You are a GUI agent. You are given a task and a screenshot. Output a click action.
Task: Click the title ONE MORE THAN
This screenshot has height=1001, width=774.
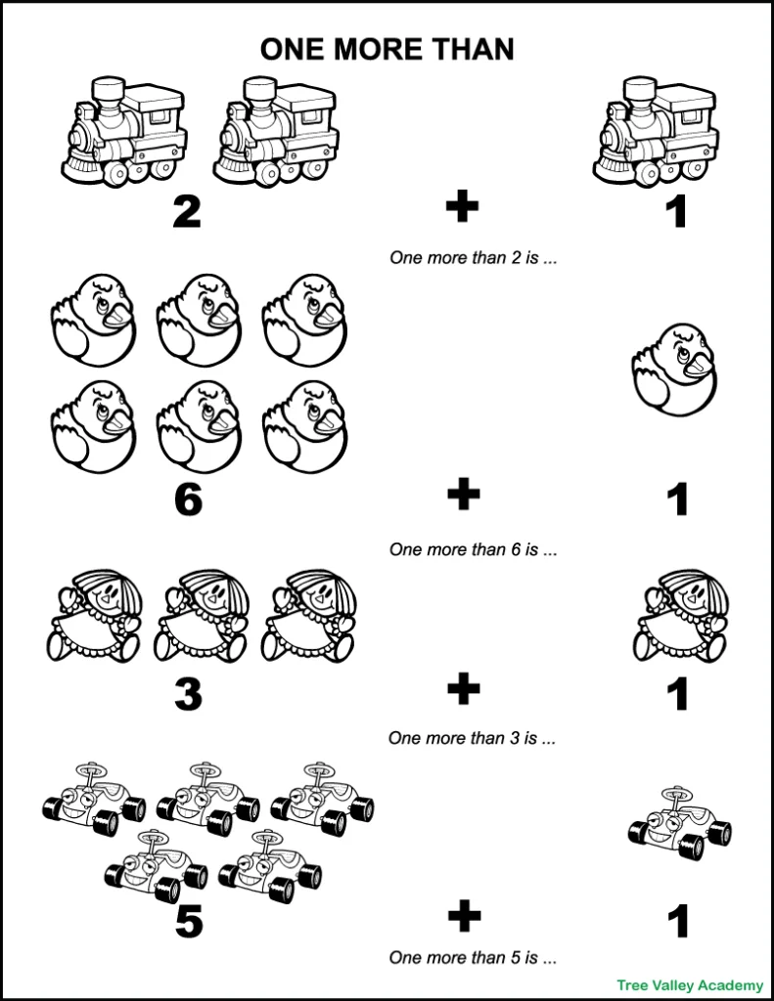tap(387, 50)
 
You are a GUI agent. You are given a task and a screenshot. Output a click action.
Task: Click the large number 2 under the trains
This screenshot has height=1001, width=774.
tap(187, 212)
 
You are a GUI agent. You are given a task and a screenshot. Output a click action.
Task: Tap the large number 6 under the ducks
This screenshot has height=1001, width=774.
tap(187, 500)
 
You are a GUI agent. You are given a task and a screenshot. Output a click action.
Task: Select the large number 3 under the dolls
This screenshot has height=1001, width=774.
tap(187, 694)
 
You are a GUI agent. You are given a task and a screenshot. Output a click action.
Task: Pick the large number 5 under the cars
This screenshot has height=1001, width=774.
tap(187, 922)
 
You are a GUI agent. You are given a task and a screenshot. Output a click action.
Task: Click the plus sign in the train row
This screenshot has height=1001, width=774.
tap(463, 207)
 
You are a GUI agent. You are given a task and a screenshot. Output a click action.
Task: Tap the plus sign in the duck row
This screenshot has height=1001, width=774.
tap(463, 495)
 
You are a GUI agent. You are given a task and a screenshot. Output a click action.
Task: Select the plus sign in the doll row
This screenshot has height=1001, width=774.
tap(463, 690)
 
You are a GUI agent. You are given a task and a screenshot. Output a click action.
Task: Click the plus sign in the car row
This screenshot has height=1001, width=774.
tap(463, 917)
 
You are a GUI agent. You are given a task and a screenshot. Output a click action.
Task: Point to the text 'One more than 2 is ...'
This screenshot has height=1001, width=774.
tap(474, 259)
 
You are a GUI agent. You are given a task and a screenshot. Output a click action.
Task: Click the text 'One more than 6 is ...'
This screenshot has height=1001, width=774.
tap(474, 549)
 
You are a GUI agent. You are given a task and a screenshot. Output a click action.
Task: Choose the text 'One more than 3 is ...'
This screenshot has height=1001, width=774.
tap(474, 738)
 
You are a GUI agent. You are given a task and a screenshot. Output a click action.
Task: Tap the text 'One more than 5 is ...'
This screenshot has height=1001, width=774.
tap(474, 957)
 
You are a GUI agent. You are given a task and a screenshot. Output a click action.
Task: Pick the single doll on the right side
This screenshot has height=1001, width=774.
tap(680, 617)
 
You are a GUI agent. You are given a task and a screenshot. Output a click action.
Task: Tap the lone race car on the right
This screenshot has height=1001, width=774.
tap(679, 823)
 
